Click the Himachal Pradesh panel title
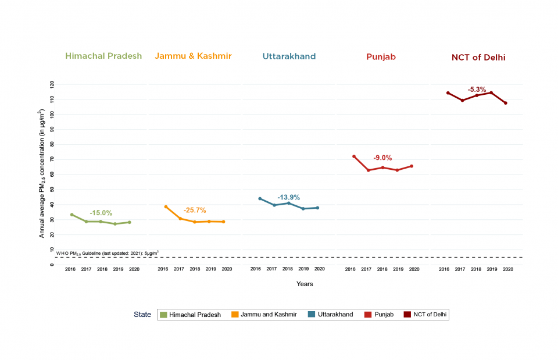pos(103,56)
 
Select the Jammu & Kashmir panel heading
pos(193,56)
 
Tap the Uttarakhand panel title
pos(289,57)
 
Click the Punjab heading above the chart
pos(381,57)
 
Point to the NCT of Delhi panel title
pos(478,58)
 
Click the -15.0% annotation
pos(101,213)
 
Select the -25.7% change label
pos(195,210)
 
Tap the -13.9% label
pos(288,197)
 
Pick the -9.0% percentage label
pos(382,158)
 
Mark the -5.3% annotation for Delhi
pos(477,90)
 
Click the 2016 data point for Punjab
pos(353,156)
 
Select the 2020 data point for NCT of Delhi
pos(506,103)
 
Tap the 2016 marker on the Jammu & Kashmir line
pos(166,206)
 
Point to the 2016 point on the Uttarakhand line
pos(260,198)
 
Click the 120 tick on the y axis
pos(52,84)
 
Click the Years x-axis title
pos(305,284)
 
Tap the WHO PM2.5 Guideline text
pos(107,253)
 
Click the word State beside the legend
pos(142,315)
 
